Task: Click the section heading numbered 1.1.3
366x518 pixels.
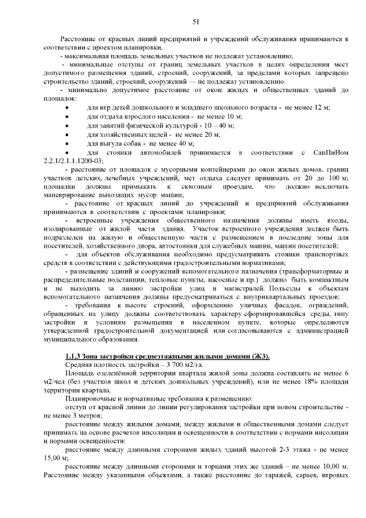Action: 167,357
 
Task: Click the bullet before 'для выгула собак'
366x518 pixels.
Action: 68,144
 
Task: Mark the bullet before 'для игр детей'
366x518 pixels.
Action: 68,107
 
